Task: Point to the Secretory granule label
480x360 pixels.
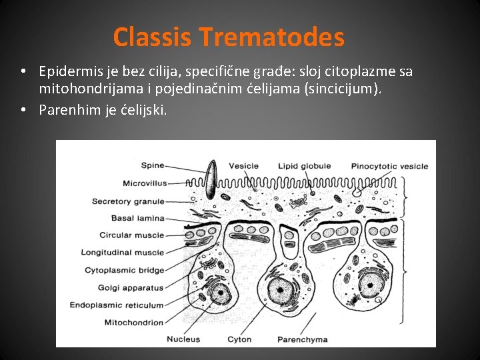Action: pos(128,201)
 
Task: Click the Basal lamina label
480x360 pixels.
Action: pos(139,218)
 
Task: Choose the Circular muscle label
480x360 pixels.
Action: pos(131,235)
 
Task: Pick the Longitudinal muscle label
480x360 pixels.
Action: pos(122,253)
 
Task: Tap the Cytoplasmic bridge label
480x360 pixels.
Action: pos(124,270)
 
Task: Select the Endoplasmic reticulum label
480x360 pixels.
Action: pos(117,305)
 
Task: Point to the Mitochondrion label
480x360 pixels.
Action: pos(134,323)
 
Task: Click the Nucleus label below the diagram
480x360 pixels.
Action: pos(183,339)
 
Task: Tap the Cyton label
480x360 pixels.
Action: pos(239,339)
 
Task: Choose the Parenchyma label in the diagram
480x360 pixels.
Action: pos(303,339)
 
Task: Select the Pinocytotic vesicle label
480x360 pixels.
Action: pos(389,166)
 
